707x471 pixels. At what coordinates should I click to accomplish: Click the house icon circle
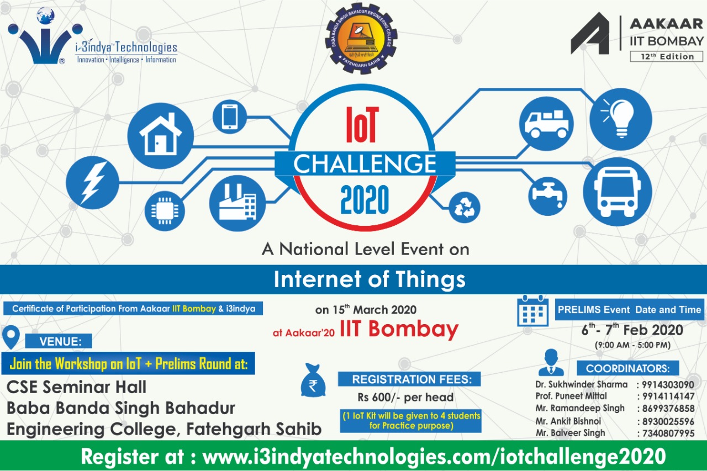click(160, 136)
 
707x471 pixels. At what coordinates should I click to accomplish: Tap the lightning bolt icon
click(92, 183)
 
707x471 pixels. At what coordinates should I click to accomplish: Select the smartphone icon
click(230, 117)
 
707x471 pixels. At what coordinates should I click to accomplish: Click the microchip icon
click(165, 211)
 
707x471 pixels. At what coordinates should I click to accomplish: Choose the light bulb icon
click(620, 119)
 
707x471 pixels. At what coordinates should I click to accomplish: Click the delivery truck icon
click(546, 124)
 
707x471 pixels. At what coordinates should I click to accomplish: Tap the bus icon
click(618, 192)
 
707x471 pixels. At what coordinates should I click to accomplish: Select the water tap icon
click(547, 196)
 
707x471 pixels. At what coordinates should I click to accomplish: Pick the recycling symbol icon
click(465, 207)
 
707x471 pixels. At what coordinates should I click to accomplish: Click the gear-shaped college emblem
click(361, 39)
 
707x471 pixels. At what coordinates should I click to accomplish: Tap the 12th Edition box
click(666, 56)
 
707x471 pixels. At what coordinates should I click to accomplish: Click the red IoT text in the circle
click(362, 124)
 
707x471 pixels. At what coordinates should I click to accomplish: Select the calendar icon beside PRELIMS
click(533, 311)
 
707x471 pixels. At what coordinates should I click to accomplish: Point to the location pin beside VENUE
click(11, 337)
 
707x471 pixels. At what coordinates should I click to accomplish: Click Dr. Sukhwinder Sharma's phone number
click(668, 384)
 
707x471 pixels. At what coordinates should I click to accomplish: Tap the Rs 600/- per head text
click(405, 397)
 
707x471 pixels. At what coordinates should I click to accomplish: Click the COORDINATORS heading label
click(628, 368)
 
